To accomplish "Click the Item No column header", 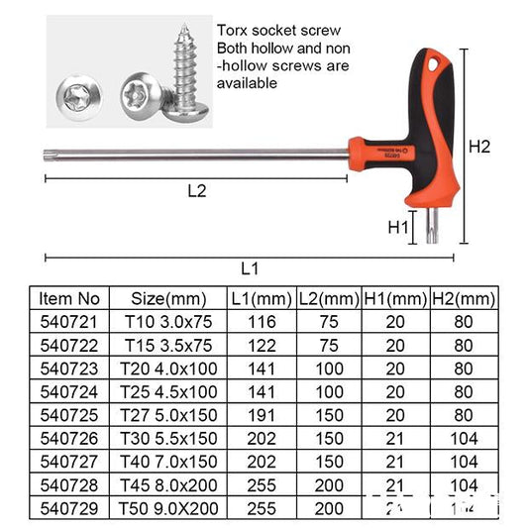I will [x=68, y=298].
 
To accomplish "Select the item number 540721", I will [x=68, y=321].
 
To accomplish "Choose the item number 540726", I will [x=68, y=435].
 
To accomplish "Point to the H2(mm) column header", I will [x=464, y=298].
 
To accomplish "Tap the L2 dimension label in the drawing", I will [x=197, y=191].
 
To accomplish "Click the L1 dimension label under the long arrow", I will [x=250, y=268].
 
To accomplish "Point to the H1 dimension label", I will [x=398, y=227].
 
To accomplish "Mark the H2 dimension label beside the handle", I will [x=480, y=146].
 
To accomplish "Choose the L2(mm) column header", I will [x=328, y=298].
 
